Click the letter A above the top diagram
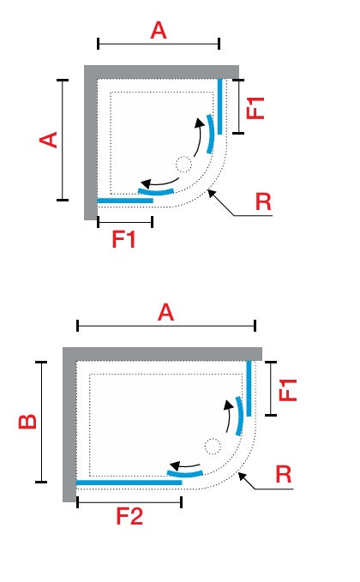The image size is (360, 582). (159, 31)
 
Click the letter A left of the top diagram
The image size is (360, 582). (48, 140)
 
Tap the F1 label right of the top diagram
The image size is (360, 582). (255, 108)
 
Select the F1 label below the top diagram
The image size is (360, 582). (123, 239)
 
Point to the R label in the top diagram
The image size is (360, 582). (263, 202)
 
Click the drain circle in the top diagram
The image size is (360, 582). (183, 165)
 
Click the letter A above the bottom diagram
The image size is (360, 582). (165, 313)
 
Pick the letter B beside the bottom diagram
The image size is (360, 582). (27, 421)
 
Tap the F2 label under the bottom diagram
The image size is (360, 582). (129, 516)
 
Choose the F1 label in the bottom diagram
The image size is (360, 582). (288, 390)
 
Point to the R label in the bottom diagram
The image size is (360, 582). (284, 474)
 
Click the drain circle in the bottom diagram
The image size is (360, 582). (213, 447)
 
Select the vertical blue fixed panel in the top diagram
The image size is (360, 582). (219, 106)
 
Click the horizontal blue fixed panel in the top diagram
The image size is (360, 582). (125, 201)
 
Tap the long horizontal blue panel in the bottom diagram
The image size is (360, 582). (129, 483)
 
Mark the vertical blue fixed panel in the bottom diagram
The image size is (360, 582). (249, 388)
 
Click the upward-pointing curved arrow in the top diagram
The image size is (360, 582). (200, 137)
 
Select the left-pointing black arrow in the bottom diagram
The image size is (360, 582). (184, 465)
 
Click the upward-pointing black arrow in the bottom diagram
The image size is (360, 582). (229, 416)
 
